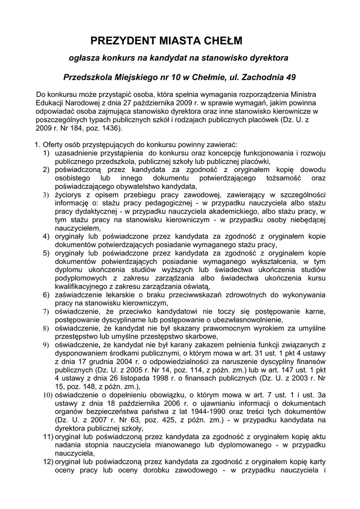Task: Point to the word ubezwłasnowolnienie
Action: click(247, 320)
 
